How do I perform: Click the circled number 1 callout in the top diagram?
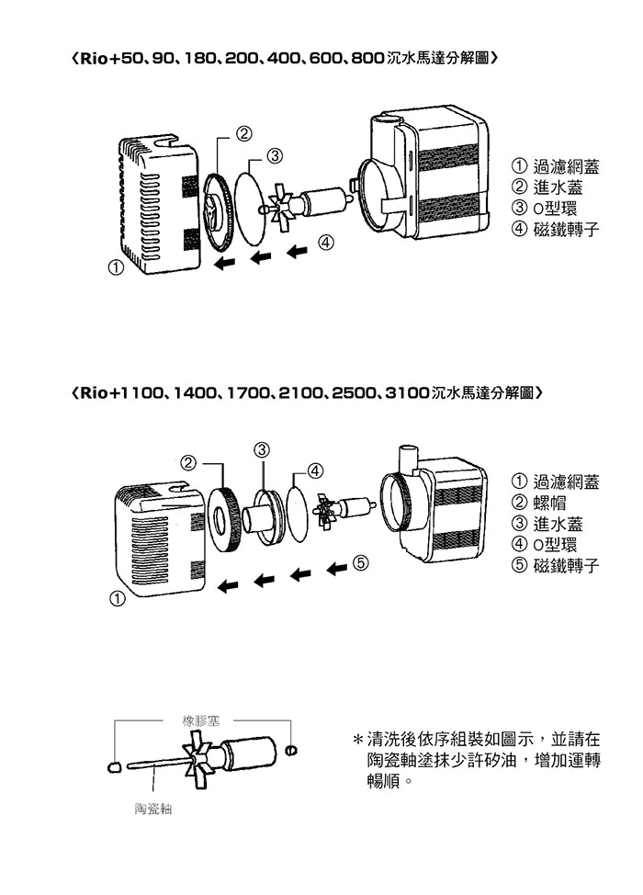pos(115,269)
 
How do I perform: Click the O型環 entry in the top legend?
pos(556,209)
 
